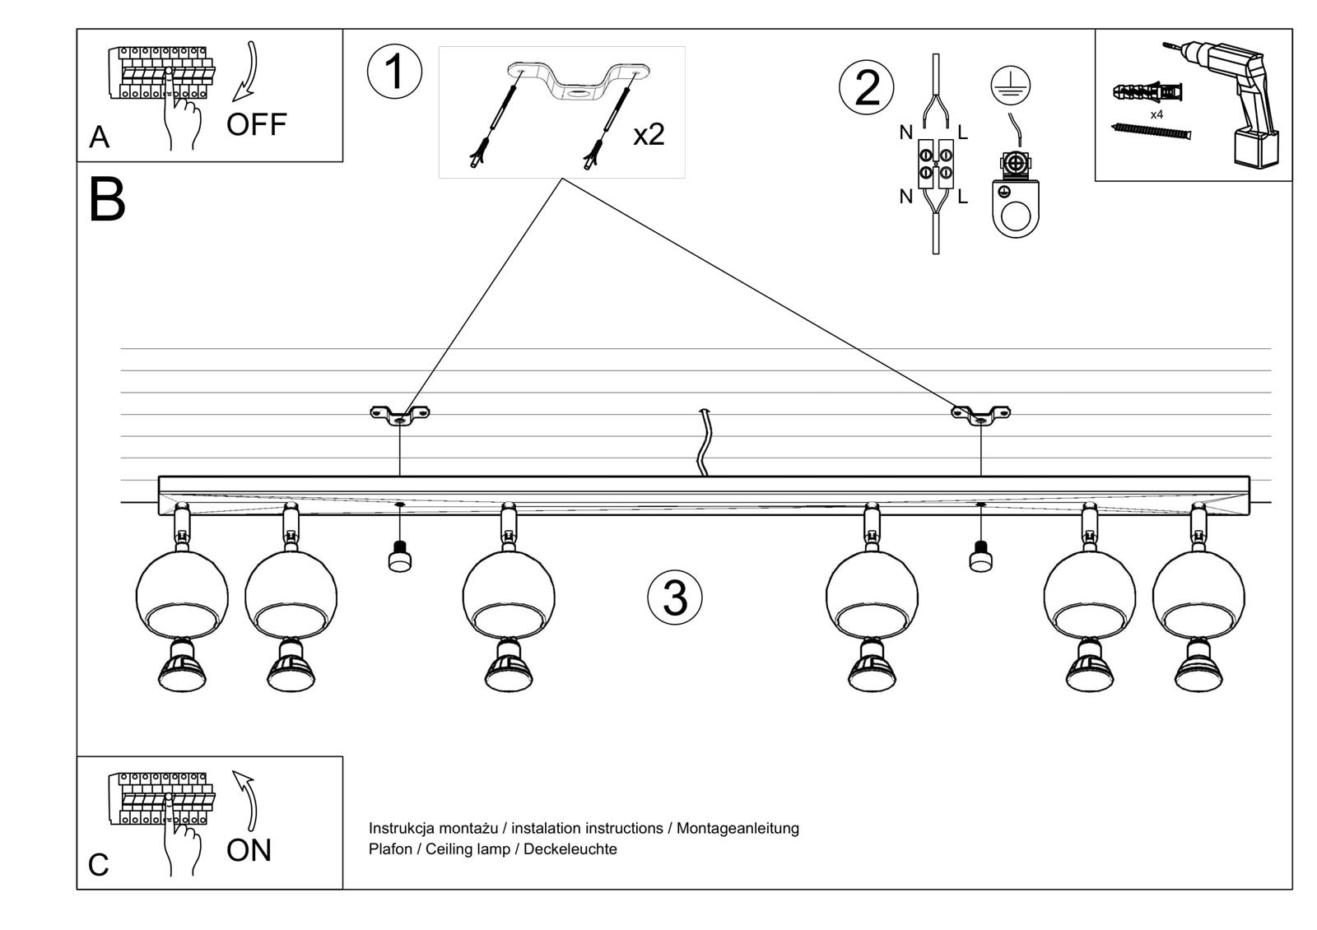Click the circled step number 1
394,72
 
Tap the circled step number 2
867,88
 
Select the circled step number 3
675,598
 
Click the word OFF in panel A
256,125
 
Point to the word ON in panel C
249,850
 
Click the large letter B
106,200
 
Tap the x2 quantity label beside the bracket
648,134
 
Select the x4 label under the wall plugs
1156,114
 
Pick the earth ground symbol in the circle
1011,86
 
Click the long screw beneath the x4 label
1152,131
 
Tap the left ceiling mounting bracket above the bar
399,415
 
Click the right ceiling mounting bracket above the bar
980,415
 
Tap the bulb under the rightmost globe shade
1198,667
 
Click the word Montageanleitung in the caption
738,828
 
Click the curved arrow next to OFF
247,72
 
